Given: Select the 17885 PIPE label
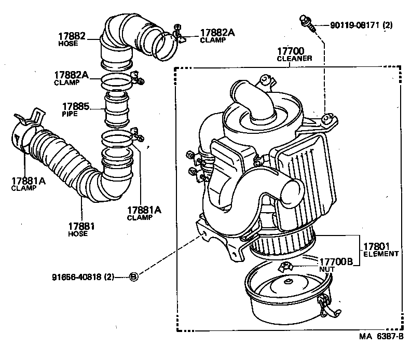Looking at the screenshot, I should pos(76,109).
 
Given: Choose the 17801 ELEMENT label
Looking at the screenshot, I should pos(380,250).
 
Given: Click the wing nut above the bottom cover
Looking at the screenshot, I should pos(285,267).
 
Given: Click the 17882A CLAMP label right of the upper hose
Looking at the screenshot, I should pos(217,36).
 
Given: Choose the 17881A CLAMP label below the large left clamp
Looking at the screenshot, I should pos(24,184).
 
